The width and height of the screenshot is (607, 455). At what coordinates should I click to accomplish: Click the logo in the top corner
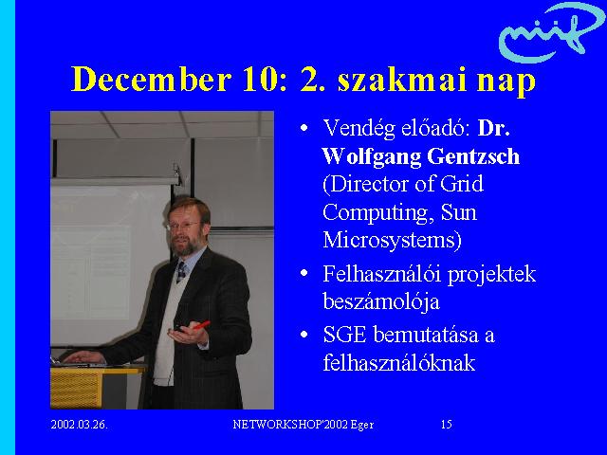click(551, 31)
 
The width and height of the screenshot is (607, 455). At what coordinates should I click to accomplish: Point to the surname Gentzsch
click(473, 156)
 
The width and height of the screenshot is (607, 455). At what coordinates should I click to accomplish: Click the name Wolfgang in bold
click(371, 156)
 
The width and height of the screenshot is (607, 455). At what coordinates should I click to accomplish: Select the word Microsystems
click(392, 240)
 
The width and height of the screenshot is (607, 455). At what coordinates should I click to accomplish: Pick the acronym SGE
click(344, 335)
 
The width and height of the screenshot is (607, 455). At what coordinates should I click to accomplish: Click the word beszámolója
click(381, 301)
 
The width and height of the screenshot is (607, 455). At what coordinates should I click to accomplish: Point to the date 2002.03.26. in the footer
click(80, 425)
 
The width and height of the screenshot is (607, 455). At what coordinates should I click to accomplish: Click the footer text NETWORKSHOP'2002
click(290, 425)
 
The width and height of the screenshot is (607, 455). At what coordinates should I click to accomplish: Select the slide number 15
click(447, 425)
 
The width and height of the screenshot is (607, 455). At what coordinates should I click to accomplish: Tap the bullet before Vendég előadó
click(304, 128)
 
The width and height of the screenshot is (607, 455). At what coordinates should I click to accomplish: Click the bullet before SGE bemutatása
click(304, 335)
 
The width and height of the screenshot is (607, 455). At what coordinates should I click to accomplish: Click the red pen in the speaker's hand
click(201, 325)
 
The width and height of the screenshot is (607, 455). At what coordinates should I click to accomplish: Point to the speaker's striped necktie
click(181, 272)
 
